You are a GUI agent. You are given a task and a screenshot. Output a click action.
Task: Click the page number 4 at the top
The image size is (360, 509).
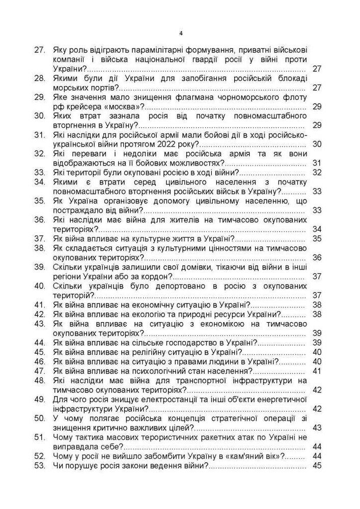point(181,33)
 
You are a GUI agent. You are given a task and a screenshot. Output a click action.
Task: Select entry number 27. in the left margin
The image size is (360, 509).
point(40,49)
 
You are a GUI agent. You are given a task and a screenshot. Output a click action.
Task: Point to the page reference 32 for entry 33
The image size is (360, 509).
point(317,173)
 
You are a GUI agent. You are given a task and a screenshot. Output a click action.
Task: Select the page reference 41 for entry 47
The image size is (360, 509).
point(317,371)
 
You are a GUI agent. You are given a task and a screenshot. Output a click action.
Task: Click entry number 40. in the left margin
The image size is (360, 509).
point(40,286)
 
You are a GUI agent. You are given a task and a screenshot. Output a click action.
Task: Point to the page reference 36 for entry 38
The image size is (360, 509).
point(317,258)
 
